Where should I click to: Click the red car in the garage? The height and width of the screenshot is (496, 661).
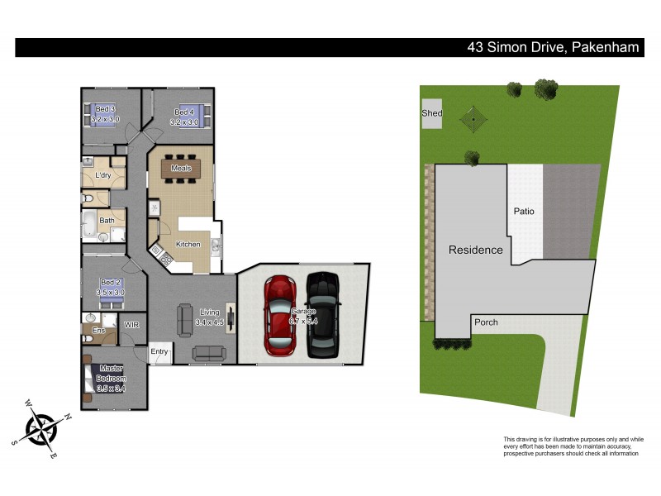coord(280,315)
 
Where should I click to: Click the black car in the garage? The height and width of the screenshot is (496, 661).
coord(322,315)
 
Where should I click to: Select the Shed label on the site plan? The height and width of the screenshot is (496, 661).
coord(431,113)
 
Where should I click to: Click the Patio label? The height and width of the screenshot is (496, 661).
coord(524,212)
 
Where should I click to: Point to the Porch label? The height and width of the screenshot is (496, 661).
coord(486,322)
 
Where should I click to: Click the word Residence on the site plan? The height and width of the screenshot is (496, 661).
coord(475,250)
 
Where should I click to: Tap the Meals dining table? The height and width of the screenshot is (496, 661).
coord(181,169)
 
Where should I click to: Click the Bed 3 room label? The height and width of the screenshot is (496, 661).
coord(105,110)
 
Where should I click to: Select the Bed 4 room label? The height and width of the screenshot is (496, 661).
coord(184,112)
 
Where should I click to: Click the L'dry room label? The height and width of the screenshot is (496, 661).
coord(103,175)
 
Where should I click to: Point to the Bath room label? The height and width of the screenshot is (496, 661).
coord(107,221)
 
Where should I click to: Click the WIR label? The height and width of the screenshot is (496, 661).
coord(131,326)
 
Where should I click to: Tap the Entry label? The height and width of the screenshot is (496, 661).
coord(159,352)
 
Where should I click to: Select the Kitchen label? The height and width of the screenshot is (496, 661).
coord(188,245)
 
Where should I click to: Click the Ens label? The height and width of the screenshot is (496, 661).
coord(98,331)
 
